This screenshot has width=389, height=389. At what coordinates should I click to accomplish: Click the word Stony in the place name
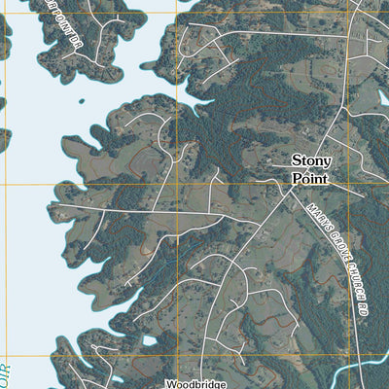(x=312, y=161)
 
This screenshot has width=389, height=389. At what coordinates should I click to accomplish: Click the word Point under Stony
(x=311, y=179)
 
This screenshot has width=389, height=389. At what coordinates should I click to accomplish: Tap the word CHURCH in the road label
(x=348, y=275)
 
